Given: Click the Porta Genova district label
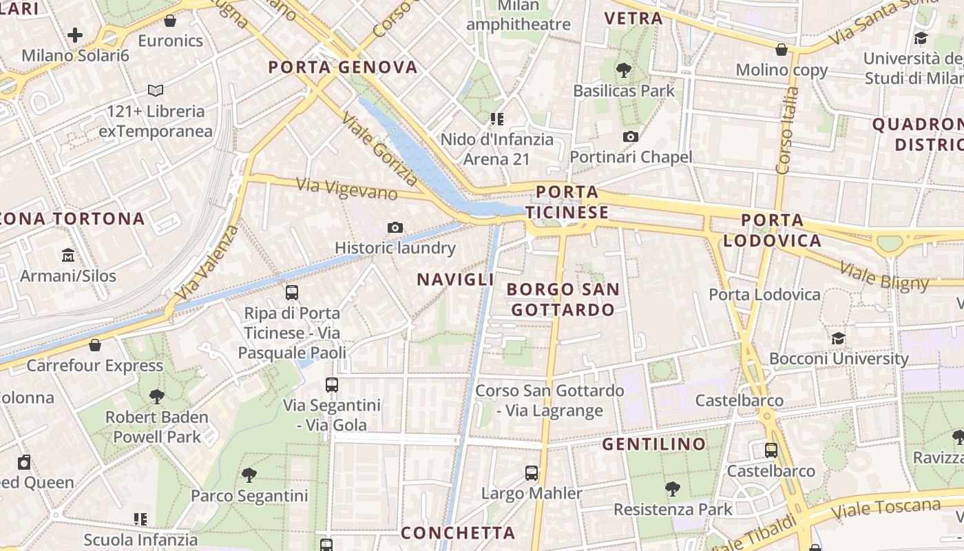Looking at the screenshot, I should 343,67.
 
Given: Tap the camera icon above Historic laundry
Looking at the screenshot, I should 395,227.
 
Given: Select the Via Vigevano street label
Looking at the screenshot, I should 346,188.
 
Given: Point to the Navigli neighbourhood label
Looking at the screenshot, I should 455,279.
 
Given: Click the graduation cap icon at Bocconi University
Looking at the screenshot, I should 838,338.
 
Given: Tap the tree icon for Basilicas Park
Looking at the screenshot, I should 624,70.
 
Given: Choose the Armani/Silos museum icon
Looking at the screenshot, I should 68,256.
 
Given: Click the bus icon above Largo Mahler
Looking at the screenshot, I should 532,473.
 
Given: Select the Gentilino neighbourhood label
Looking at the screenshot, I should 654,444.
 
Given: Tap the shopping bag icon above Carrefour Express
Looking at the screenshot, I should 95,345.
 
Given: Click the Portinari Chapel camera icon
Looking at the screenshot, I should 630,137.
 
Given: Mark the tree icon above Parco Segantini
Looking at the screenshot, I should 249,475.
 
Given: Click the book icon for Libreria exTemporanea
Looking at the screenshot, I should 156,90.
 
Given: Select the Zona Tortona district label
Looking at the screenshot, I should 72,219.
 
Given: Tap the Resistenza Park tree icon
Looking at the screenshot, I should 673,489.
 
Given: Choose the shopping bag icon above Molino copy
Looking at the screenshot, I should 782,50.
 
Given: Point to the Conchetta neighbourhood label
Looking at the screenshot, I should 458,533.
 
